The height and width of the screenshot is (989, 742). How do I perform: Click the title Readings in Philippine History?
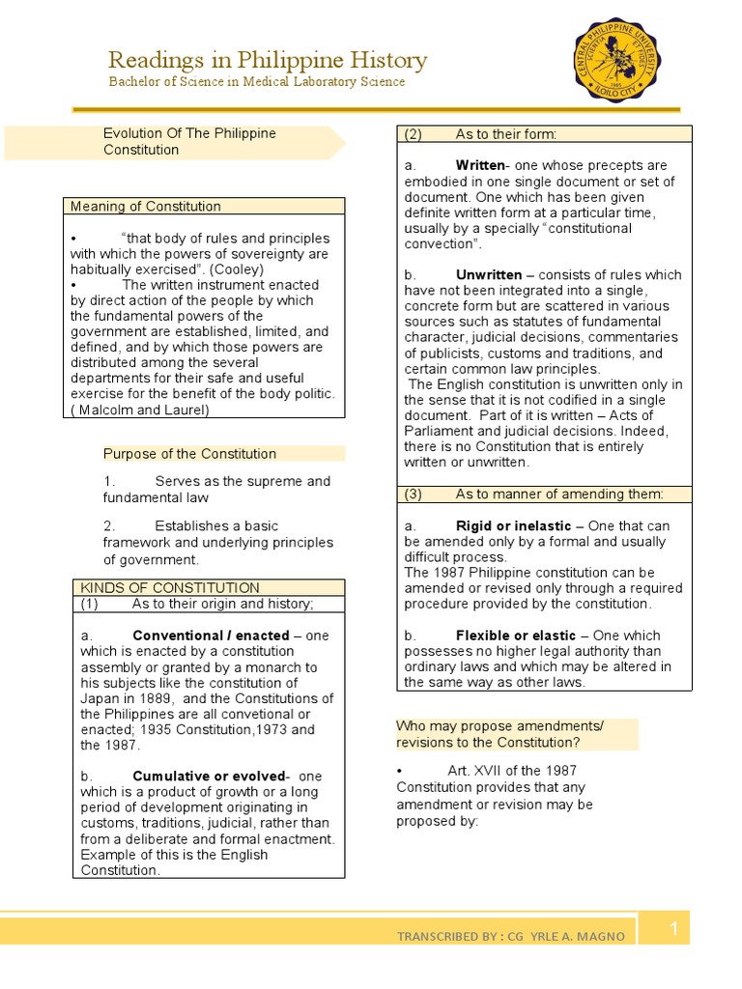pyautogui.click(x=267, y=60)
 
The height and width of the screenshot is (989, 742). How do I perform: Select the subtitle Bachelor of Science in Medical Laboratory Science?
pyautogui.click(x=256, y=82)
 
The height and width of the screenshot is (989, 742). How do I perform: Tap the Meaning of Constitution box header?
pyautogui.click(x=145, y=207)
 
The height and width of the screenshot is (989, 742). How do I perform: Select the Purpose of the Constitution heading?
pyautogui.click(x=189, y=454)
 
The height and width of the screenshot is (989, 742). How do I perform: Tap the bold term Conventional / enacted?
pyautogui.click(x=211, y=636)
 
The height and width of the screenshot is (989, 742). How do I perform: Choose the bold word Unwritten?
pyautogui.click(x=488, y=275)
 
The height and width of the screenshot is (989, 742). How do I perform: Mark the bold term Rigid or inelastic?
pyautogui.click(x=513, y=526)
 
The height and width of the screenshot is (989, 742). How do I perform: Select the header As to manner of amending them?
pyautogui.click(x=558, y=494)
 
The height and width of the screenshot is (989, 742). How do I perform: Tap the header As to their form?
pyautogui.click(x=505, y=134)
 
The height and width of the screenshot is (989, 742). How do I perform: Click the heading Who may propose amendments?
pyautogui.click(x=499, y=726)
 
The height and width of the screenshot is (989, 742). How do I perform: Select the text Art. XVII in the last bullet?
pyautogui.click(x=475, y=770)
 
